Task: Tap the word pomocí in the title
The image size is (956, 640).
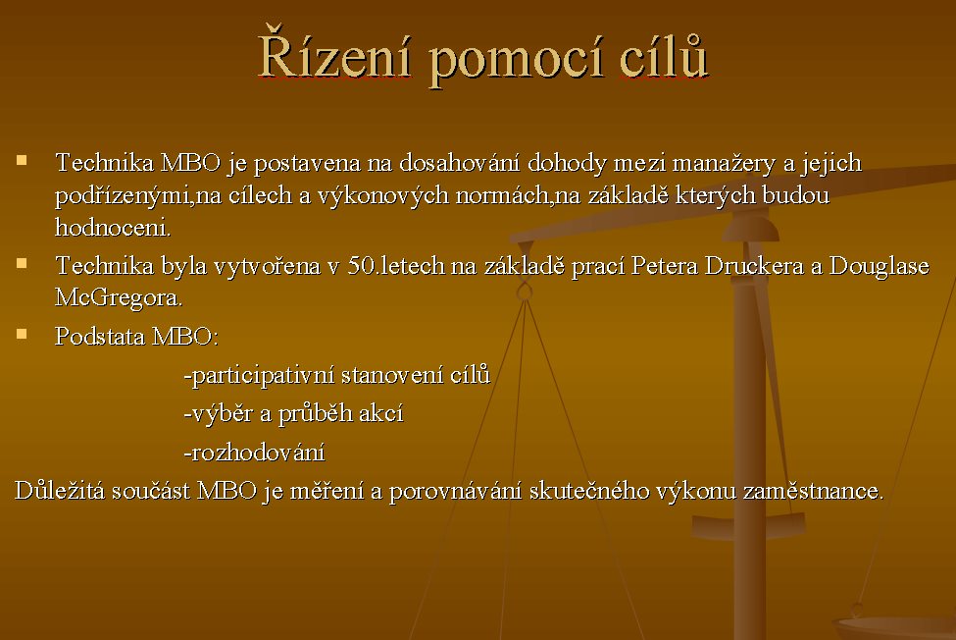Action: tap(516, 59)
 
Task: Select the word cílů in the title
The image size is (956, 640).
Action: tap(664, 55)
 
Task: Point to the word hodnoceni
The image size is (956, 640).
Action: tap(113, 227)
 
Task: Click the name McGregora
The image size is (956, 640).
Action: tap(119, 297)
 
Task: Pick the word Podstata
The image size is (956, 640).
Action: tap(99, 336)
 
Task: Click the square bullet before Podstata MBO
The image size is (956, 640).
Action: tap(22, 334)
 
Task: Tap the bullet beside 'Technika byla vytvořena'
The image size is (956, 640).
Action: tap(22, 263)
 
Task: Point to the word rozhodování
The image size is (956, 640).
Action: tap(258, 453)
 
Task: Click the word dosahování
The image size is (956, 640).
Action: tap(459, 163)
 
